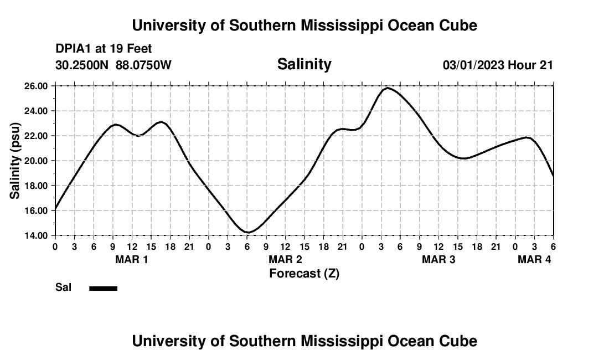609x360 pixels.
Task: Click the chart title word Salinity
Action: point(304,64)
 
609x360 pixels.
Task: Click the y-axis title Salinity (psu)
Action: point(15,161)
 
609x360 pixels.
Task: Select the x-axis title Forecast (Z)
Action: point(304,273)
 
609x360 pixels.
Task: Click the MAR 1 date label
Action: point(131,259)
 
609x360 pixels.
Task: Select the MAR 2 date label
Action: point(285,259)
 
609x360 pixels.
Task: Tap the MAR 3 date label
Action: point(438,259)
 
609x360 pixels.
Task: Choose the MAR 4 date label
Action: point(534,259)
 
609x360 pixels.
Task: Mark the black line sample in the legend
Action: point(103,288)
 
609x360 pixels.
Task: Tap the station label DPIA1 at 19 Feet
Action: point(104,49)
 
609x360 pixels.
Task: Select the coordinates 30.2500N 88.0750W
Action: point(113,65)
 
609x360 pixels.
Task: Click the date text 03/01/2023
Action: point(473,65)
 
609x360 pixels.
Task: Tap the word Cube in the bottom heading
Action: point(461,341)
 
